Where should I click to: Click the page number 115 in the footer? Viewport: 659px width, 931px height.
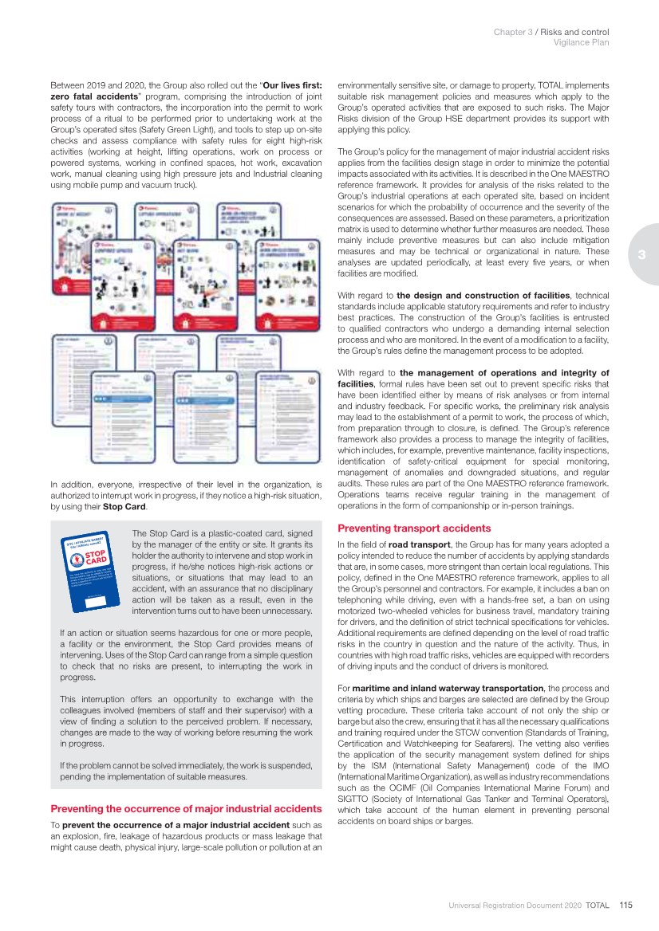coord(625,905)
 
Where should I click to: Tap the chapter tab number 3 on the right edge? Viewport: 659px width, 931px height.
coord(641,255)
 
